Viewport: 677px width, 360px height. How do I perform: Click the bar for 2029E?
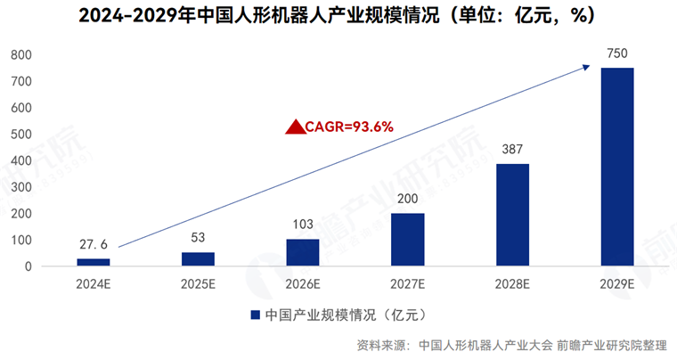(617, 167)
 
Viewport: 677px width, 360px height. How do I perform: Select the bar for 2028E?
(512, 215)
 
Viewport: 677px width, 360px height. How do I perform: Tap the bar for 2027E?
(407, 239)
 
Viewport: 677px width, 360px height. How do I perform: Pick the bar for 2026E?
(303, 252)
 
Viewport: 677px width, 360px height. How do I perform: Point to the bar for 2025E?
(198, 258)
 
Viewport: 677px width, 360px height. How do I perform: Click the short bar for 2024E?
(93, 262)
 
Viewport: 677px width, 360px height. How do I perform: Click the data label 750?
(616, 54)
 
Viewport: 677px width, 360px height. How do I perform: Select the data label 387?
(512, 151)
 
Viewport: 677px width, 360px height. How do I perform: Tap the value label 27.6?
(93, 245)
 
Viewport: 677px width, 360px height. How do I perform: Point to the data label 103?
(303, 225)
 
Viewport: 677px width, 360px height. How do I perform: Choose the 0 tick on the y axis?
(29, 266)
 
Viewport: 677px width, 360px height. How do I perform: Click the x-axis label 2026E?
(303, 284)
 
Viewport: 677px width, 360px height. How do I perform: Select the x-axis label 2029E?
(617, 284)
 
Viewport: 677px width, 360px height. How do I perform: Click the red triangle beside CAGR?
(295, 127)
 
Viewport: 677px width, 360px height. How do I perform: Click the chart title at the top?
(338, 15)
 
